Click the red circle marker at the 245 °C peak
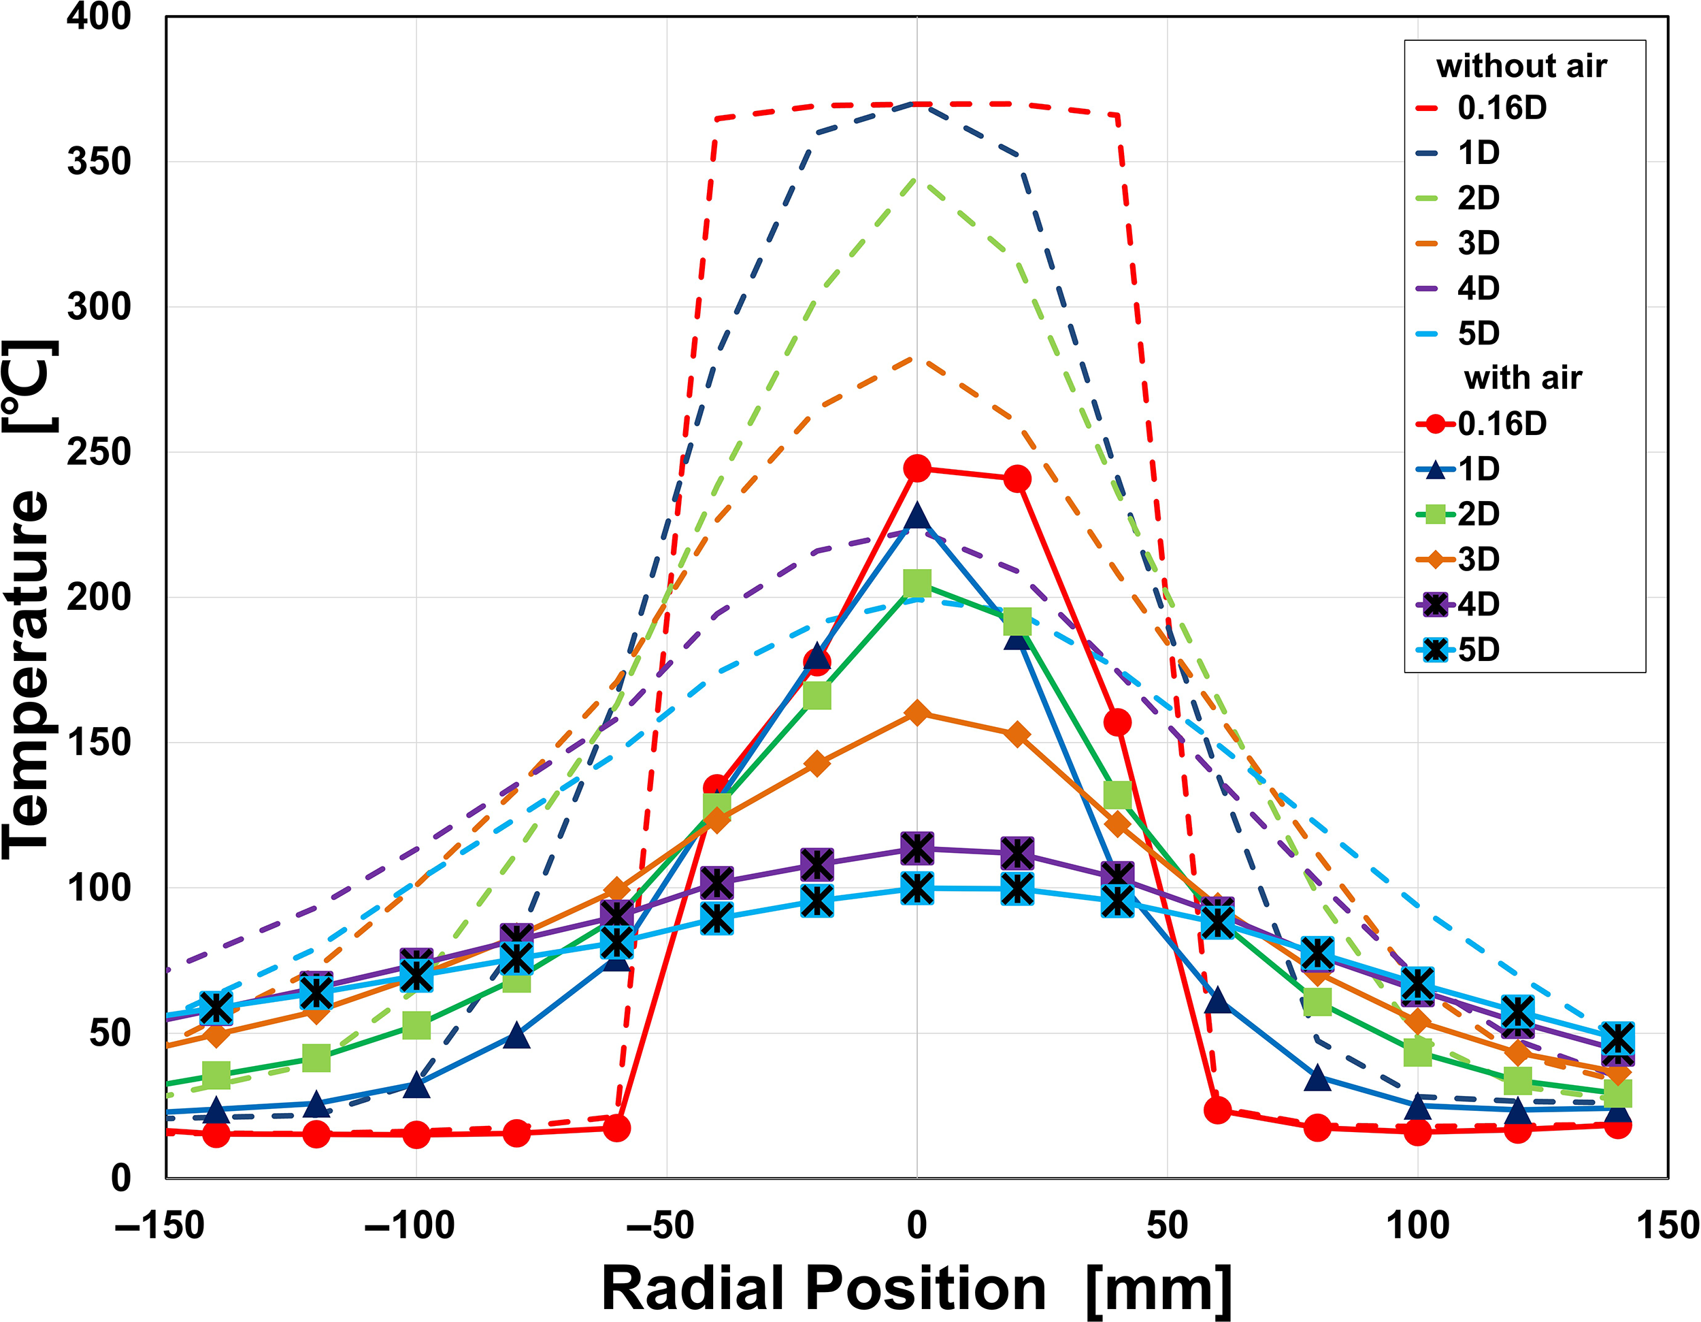point(916,468)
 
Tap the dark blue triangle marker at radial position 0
point(916,517)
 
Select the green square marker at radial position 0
point(916,582)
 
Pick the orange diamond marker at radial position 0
point(916,713)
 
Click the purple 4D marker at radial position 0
point(916,848)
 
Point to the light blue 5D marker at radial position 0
point(916,888)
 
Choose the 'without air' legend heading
point(1521,66)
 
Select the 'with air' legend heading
point(1523,378)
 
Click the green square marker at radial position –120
point(316,1058)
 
